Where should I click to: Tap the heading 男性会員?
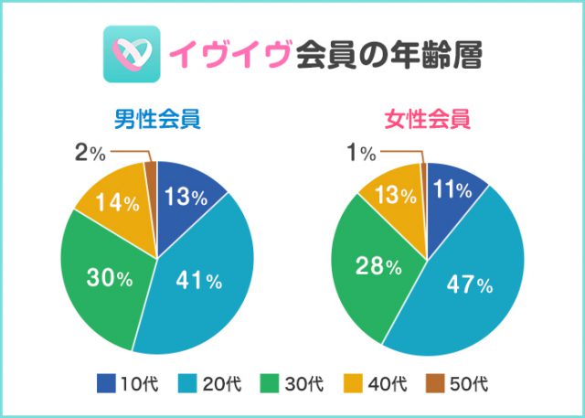[157, 119]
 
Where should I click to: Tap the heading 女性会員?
[427, 119]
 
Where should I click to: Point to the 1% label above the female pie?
[364, 153]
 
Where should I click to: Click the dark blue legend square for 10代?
[107, 381]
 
